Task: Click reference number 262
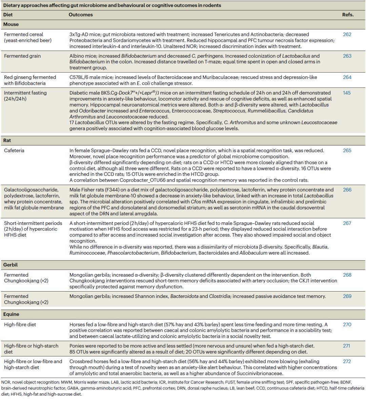click(347, 35)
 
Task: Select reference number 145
click(347, 93)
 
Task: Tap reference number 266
click(347, 190)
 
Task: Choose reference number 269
click(347, 296)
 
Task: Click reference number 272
click(347, 361)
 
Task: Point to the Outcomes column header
click(81, 15)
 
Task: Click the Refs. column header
click(348, 15)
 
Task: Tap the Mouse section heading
click(11, 24)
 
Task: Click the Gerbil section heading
click(11, 265)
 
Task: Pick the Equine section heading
click(11, 314)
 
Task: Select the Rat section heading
click(7, 140)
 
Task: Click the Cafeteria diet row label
click(14, 151)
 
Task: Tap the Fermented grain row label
click(22, 56)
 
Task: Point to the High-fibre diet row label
click(20, 324)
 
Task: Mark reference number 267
click(347, 223)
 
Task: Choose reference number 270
click(347, 324)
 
